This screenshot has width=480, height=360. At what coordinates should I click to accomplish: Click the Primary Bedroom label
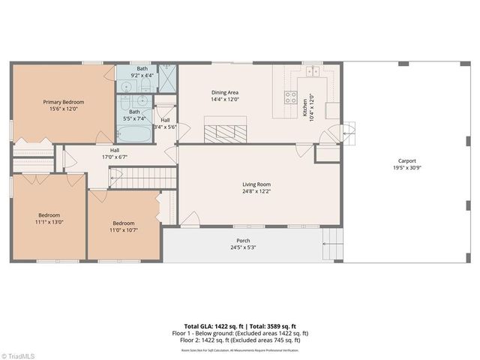click(63, 102)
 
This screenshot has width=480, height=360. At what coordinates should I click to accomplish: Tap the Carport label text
click(406, 160)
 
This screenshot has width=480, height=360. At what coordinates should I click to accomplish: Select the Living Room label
click(256, 184)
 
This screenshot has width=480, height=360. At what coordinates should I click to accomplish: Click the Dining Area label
click(224, 91)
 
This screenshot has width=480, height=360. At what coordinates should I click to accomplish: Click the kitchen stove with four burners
click(289, 97)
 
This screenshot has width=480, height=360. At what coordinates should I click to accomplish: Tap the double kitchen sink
click(312, 71)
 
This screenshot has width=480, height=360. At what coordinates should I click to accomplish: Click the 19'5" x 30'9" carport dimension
click(406, 168)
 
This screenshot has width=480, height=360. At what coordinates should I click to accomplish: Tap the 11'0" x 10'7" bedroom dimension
click(124, 230)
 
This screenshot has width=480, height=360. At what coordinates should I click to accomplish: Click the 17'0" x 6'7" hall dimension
click(115, 157)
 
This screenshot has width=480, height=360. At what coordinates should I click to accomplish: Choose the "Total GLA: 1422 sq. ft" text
click(211, 327)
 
